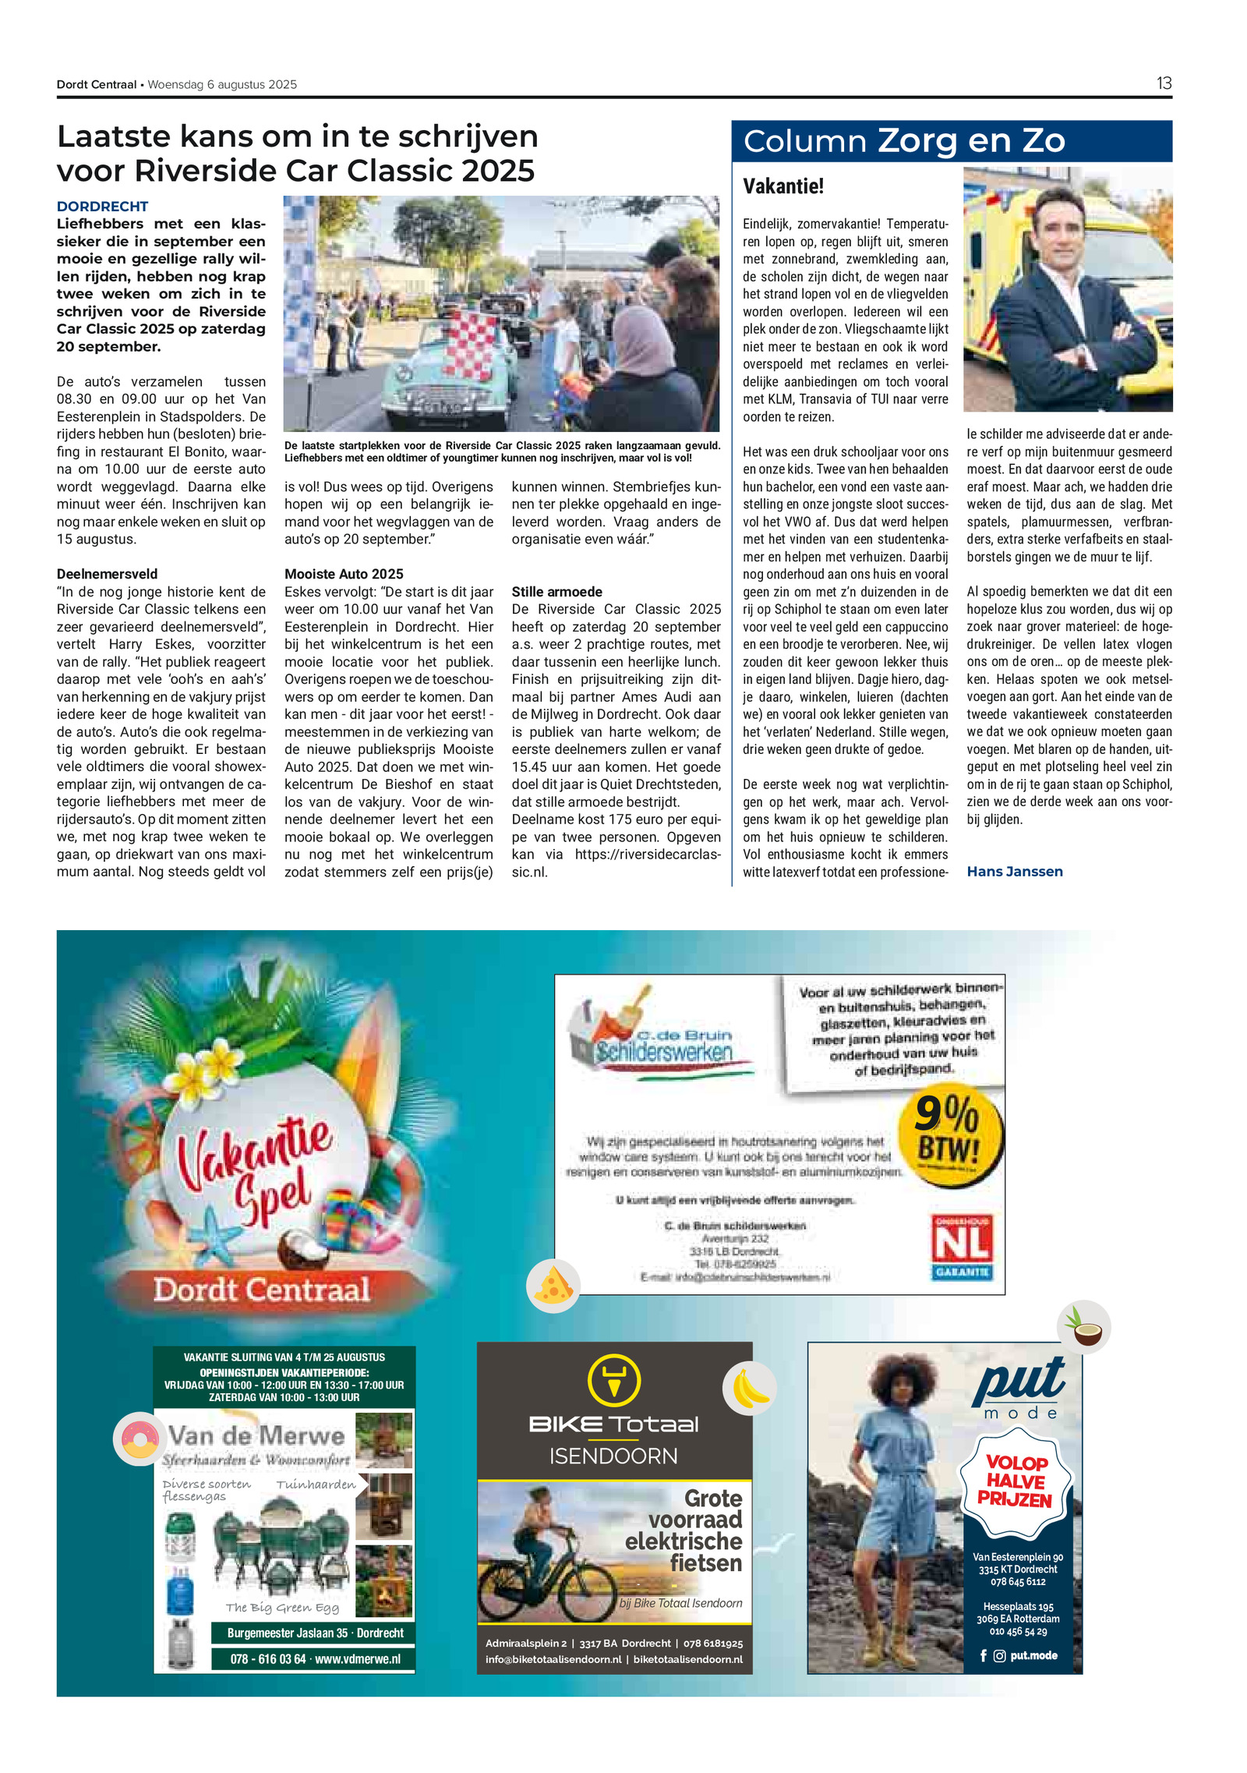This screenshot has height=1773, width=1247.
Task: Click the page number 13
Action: point(1163,83)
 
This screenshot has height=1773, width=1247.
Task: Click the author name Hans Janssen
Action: point(1014,872)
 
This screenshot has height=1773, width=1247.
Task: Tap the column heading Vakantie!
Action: point(782,186)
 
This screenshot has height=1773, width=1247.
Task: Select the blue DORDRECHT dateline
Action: point(102,207)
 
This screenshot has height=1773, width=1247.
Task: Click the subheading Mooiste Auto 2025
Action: point(344,574)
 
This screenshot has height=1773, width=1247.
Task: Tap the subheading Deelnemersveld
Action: point(107,574)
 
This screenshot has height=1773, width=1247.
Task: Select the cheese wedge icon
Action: point(553,1286)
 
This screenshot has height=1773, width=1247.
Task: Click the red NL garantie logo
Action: point(963,1246)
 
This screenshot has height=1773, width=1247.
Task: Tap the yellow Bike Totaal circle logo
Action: point(613,1380)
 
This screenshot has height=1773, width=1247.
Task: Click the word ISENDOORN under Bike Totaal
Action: point(613,1456)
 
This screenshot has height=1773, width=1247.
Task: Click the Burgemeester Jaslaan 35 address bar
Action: point(315,1633)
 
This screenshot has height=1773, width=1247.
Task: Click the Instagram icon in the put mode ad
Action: point(999,1655)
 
